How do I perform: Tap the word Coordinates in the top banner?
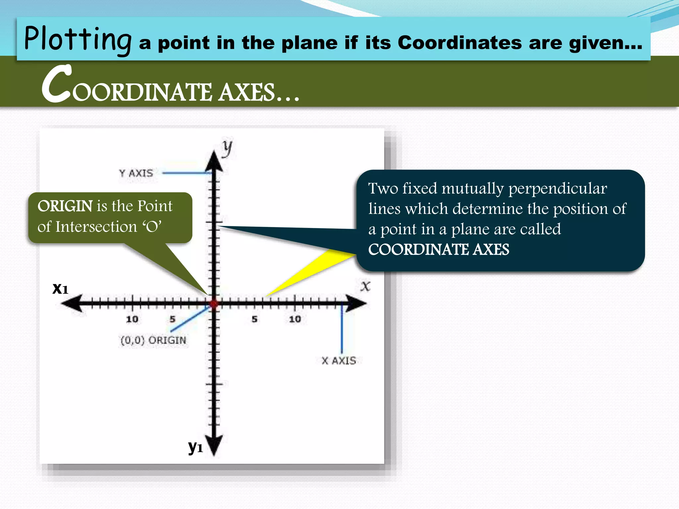point(459,43)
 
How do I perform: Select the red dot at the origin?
point(214,304)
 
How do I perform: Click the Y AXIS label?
point(136,173)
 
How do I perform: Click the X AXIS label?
point(339,361)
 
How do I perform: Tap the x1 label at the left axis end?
point(60,288)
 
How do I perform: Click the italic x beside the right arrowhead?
point(365,286)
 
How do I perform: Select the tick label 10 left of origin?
point(132,319)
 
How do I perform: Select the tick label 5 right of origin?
point(254,319)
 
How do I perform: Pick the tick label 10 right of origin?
point(295,319)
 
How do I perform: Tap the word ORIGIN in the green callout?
point(65,206)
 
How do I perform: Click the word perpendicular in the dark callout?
point(558,189)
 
